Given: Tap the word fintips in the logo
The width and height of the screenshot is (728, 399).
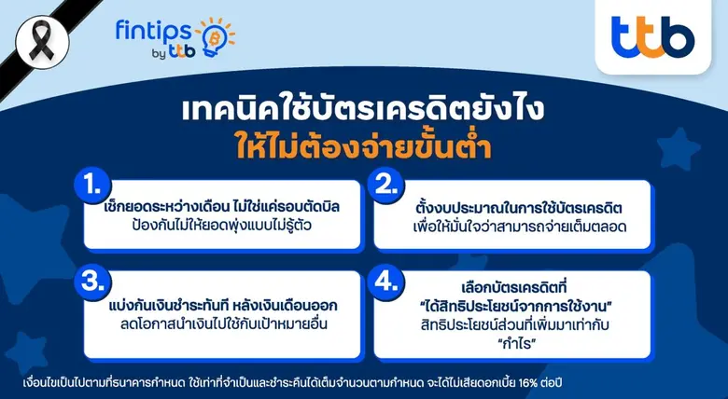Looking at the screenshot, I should point(147,32).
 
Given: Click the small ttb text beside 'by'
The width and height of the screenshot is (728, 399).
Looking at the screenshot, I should point(183,53).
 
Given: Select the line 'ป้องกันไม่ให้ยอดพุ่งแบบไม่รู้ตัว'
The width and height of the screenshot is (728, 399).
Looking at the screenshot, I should point(222,227).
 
